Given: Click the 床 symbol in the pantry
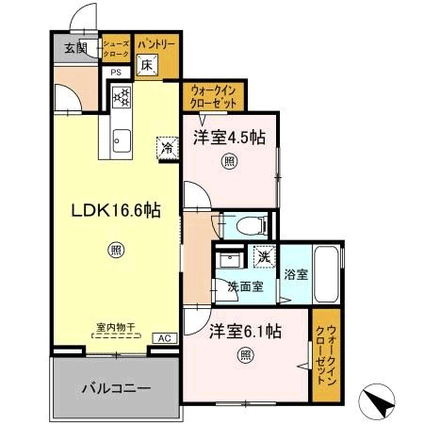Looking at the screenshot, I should tap(147, 65).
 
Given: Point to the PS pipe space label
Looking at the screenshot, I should tap(116, 73).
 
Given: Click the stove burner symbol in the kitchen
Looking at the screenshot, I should tap(122, 95).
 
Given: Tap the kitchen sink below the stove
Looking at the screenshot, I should tap(121, 141).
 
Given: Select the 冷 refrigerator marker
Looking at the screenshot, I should tap(167, 147).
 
